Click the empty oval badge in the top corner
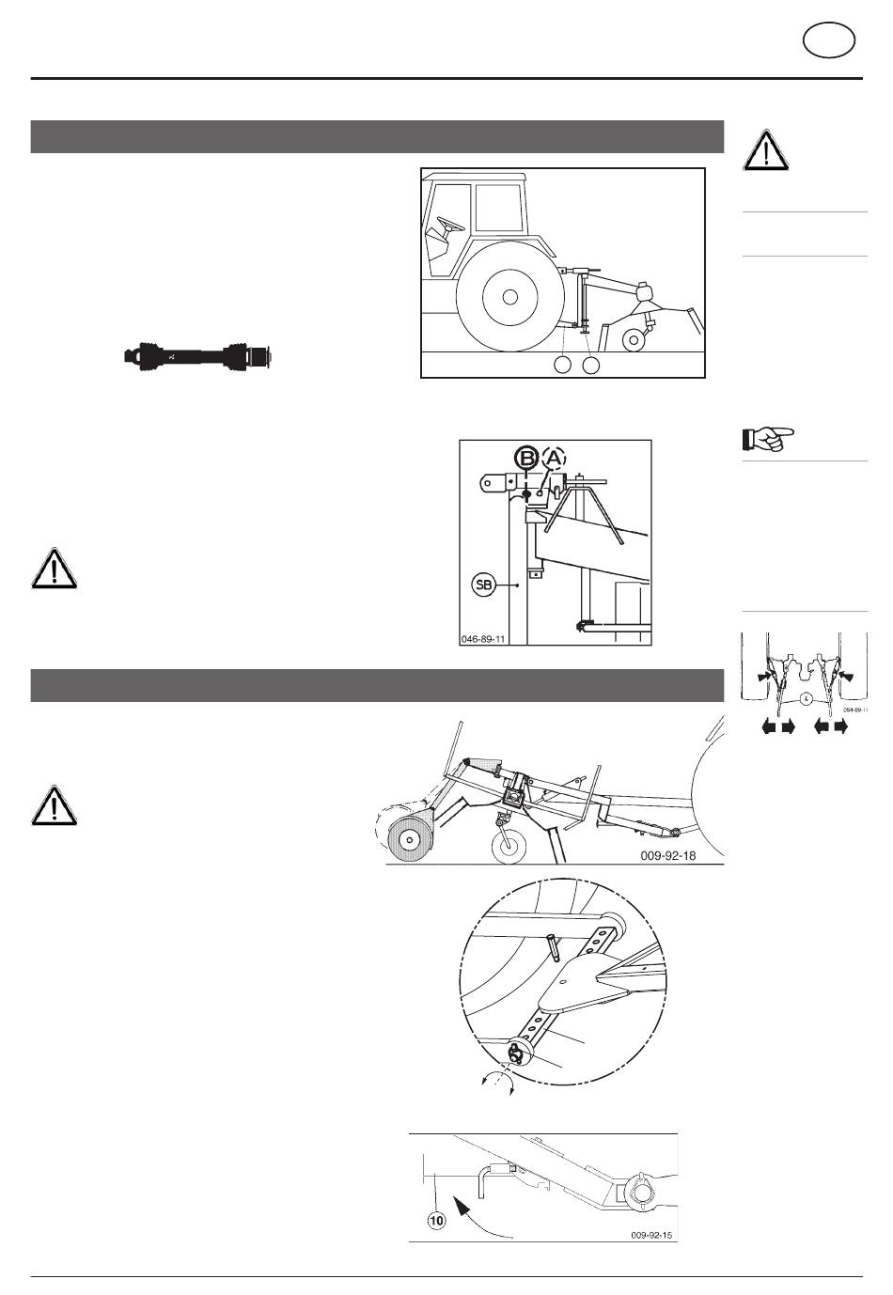click(829, 42)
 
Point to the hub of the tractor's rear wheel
click(509, 297)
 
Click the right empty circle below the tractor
click(591, 365)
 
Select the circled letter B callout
click(526, 459)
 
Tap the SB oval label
click(484, 585)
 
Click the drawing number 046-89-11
click(484, 638)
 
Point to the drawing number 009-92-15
click(651, 1235)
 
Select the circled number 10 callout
click(436, 1222)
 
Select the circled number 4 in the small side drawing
click(806, 698)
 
